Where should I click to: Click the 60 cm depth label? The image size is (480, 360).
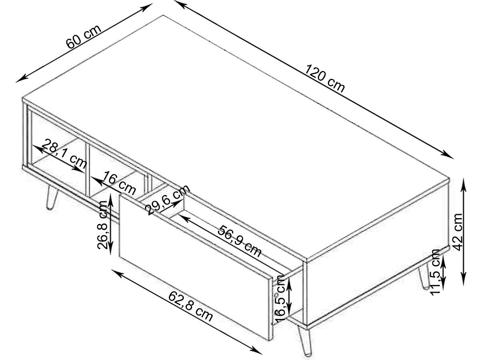point(83,37)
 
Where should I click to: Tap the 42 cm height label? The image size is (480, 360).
point(458,232)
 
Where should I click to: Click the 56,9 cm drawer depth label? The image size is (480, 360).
point(239,241)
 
